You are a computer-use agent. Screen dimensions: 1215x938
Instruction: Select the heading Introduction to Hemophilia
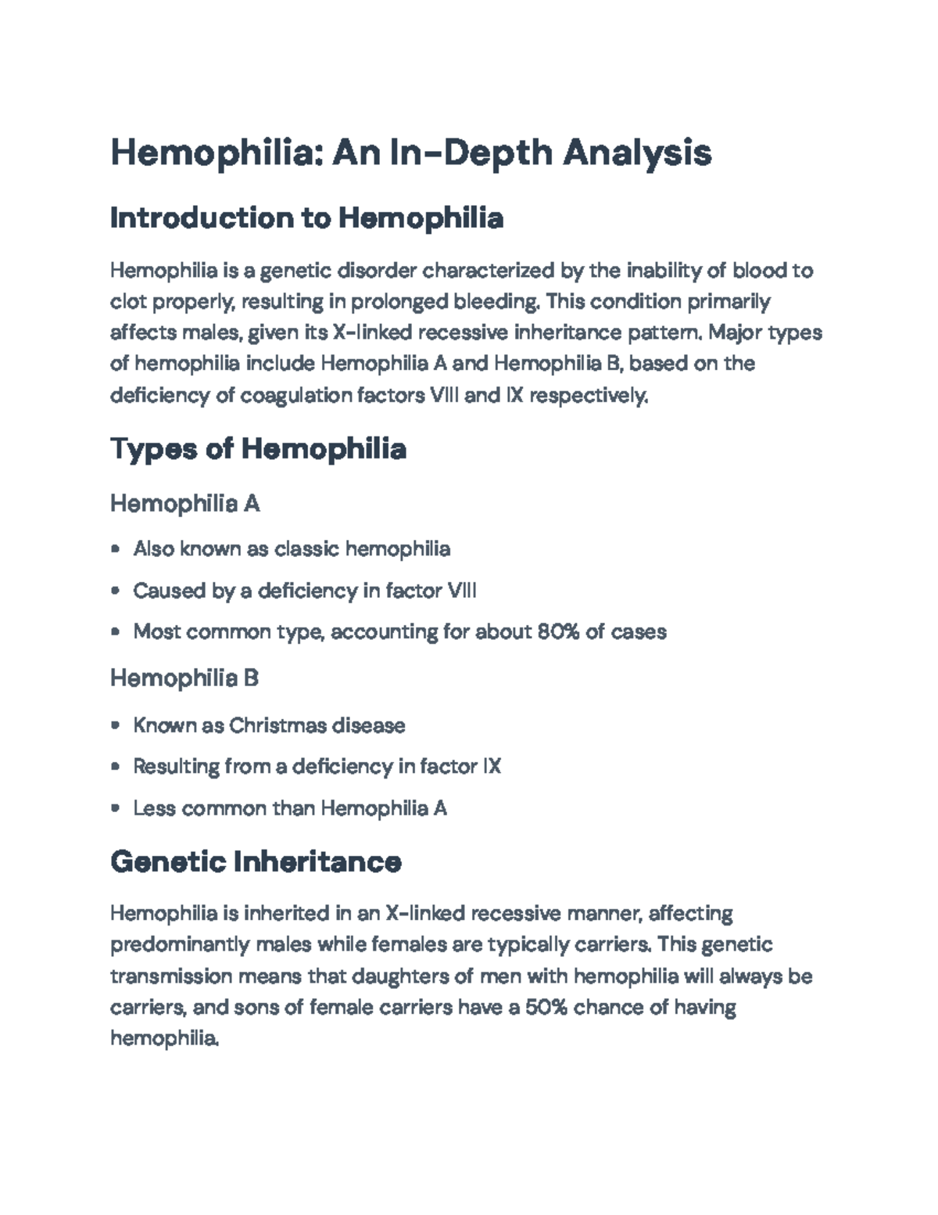[x=306, y=217]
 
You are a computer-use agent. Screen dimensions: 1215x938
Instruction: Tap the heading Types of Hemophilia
[x=258, y=449]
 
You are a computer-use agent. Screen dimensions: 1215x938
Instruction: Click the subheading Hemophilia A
[x=184, y=503]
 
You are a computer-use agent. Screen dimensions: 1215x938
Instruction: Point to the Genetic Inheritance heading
[x=256, y=862]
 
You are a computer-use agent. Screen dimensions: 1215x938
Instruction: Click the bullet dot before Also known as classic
[x=116, y=549]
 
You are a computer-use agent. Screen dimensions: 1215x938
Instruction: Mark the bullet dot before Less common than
[x=116, y=808]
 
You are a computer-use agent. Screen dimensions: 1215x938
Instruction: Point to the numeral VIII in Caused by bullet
[x=460, y=590]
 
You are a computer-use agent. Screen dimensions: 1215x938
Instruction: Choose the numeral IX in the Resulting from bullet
[x=491, y=766]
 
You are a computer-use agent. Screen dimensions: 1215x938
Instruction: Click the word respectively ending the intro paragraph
[x=588, y=396]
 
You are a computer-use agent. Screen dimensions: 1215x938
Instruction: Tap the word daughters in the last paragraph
[x=398, y=976]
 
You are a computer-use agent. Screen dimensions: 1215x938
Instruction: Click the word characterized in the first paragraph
[x=488, y=271]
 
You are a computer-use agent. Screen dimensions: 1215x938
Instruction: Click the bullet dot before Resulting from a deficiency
[x=116, y=767]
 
